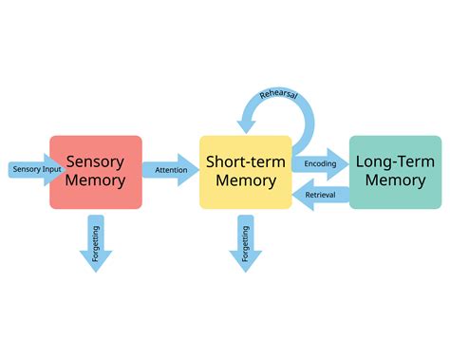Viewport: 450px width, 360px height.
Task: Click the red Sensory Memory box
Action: coord(95,172)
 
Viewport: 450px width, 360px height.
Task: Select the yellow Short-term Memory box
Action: coord(245,172)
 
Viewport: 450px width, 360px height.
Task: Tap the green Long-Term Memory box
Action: coord(395,172)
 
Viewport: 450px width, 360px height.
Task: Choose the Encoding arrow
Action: coord(320,163)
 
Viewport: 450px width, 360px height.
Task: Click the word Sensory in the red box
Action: coord(95,162)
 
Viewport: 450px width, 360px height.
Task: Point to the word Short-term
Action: coord(245,162)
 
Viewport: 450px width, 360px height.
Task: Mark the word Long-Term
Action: coord(395,162)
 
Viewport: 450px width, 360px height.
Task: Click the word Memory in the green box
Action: coord(395,181)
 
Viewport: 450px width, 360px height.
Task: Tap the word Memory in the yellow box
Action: coord(245,181)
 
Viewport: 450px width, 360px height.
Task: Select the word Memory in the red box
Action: coord(95,181)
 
